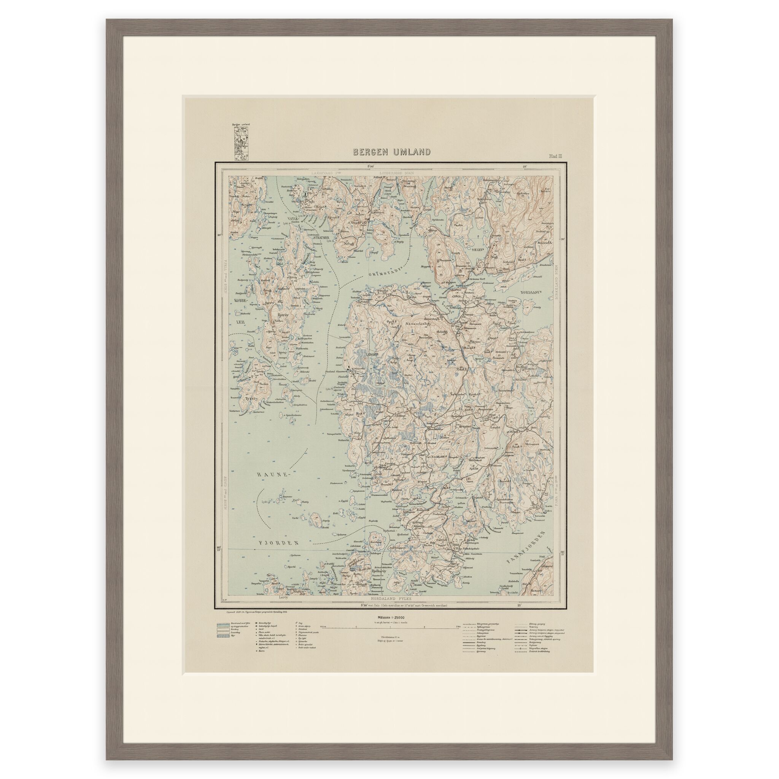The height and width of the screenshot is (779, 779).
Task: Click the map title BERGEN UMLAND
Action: (x=391, y=152)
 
